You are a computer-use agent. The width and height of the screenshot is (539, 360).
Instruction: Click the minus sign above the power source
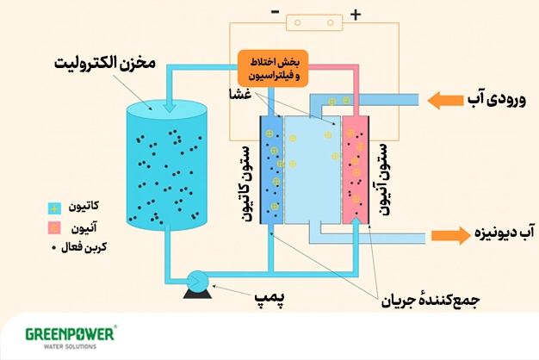(x=275, y=13)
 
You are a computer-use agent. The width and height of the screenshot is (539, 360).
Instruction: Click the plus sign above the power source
(x=355, y=13)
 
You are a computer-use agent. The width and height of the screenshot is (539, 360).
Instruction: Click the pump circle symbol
(x=196, y=279)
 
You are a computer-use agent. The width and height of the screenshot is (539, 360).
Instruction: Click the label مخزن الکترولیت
(x=108, y=65)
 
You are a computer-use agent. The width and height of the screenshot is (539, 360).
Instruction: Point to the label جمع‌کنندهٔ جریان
(x=431, y=301)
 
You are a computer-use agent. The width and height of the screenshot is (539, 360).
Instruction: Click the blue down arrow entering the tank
(x=169, y=104)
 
